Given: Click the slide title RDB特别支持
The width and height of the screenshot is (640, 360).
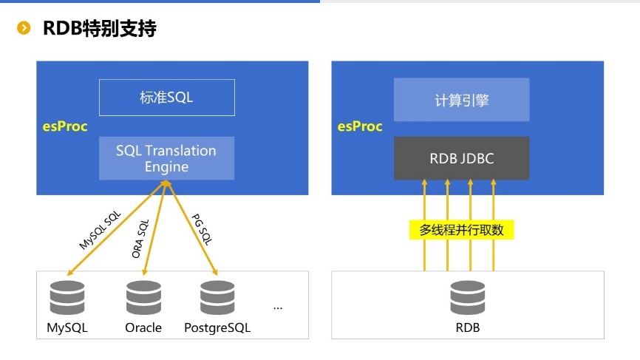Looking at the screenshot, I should [x=99, y=29].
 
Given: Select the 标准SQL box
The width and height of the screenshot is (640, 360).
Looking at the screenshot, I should [x=166, y=98].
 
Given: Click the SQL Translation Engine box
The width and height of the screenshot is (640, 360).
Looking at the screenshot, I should [x=166, y=158].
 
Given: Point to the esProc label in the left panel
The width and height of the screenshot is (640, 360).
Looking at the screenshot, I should [x=65, y=126].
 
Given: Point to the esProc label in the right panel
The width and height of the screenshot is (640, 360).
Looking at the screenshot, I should [x=360, y=126].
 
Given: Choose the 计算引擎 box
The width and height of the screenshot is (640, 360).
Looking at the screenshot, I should [x=461, y=100].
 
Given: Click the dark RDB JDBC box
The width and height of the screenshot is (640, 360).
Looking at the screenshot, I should [x=461, y=158].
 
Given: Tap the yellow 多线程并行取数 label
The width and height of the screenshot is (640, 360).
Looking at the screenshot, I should [x=461, y=230].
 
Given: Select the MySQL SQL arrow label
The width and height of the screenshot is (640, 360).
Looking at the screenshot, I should [x=100, y=230].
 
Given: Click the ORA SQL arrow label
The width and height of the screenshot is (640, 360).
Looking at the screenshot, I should [x=140, y=238].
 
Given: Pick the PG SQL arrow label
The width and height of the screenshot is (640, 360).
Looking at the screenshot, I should [x=201, y=229].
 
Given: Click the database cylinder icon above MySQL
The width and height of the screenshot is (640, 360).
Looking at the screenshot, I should [x=67, y=298].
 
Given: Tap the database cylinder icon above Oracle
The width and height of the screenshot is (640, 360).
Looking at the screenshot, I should [x=143, y=298].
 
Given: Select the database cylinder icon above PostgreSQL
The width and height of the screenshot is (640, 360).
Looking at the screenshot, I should [x=217, y=298].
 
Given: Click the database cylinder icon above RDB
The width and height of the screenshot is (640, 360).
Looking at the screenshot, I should [x=468, y=298].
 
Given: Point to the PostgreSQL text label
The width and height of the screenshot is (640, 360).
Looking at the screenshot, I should [x=217, y=327].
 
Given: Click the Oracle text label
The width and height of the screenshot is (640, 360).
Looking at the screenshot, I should [x=143, y=327].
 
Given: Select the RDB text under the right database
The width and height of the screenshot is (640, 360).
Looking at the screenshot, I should [x=468, y=327].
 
